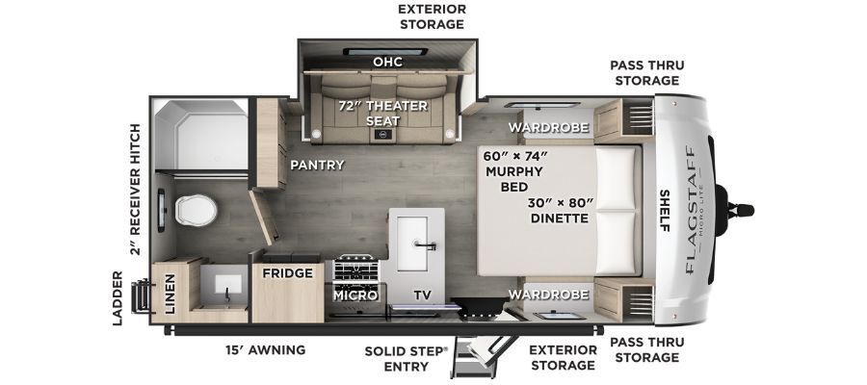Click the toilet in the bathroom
pyautogui.click(x=197, y=210)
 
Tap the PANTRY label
pyautogui.click(x=317, y=165)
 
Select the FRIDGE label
pyautogui.click(x=287, y=273)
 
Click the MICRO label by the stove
pyautogui.click(x=355, y=295)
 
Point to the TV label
pyautogui.click(x=423, y=295)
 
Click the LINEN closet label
pyautogui.click(x=170, y=294)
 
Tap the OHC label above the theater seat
pyautogui.click(x=387, y=62)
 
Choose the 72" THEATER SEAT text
pyautogui.click(x=383, y=113)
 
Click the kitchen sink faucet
pyautogui.click(x=425, y=244)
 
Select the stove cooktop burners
pyautogui.click(x=356, y=269)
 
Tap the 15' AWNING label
pyautogui.click(x=266, y=349)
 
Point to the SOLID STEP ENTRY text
pyautogui.click(x=406, y=358)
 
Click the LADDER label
pyautogui.click(x=118, y=298)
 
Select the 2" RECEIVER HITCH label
pyautogui.click(x=134, y=190)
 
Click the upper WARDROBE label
pyautogui.click(x=548, y=128)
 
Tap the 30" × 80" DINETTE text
pyautogui.click(x=560, y=211)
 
